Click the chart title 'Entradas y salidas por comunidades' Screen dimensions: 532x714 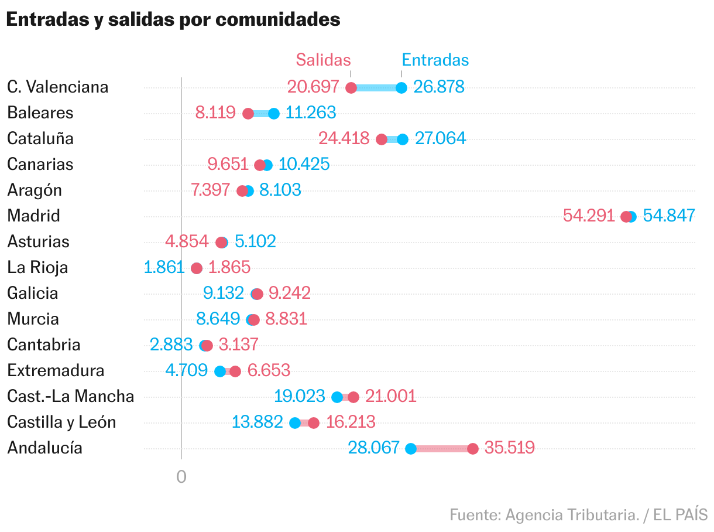[173, 19]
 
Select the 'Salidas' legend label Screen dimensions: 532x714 [323, 60]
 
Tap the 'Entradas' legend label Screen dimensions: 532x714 [435, 60]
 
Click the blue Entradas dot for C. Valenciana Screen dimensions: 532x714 [401, 88]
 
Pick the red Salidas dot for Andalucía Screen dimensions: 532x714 [473, 449]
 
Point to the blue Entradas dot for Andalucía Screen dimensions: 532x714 [411, 449]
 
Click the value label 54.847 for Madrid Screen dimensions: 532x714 [669, 216]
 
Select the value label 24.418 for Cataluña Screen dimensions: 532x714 [344, 138]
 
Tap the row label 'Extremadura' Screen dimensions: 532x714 [56, 370]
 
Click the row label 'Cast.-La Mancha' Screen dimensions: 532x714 [70, 396]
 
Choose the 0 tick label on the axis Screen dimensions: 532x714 [181, 477]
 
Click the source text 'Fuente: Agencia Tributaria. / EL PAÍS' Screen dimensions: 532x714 [579, 515]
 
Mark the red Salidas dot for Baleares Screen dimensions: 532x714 [248, 114]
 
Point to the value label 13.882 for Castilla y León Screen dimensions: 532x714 [258, 422]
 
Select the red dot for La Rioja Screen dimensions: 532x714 [197, 268]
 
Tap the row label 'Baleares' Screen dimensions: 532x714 [40, 112]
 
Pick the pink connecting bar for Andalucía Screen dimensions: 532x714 [442, 449]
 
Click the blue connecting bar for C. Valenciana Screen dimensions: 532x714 [376, 88]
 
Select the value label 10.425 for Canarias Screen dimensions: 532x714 [304, 164]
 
